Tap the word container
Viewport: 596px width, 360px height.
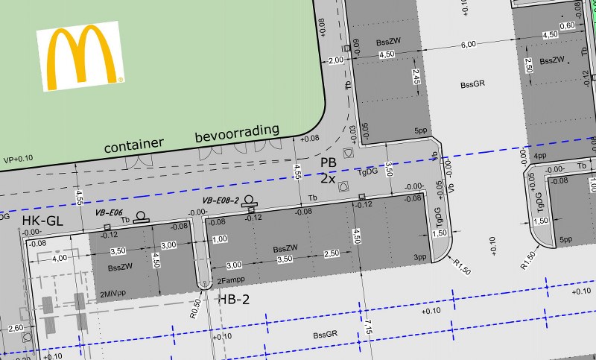click(133, 147)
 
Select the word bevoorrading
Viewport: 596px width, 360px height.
click(237, 134)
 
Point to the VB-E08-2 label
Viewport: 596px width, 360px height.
click(221, 200)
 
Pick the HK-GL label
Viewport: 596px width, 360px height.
click(42, 221)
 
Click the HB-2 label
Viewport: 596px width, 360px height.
click(233, 299)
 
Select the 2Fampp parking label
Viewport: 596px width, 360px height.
click(232, 280)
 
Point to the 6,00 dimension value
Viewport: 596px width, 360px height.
click(468, 45)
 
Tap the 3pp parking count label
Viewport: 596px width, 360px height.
click(420, 257)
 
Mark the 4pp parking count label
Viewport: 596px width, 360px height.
click(540, 156)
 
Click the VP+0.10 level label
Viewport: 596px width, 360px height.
click(19, 159)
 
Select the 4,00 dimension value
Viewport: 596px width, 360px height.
click(60, 257)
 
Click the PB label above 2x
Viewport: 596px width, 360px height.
click(329, 162)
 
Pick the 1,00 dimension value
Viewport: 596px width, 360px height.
click(219, 239)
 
